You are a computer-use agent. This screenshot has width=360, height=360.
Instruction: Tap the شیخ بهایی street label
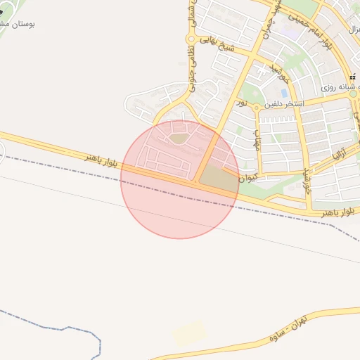[218, 46]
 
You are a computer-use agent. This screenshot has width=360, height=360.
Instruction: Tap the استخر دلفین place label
[283, 104]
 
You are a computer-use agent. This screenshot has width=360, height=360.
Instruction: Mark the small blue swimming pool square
[284, 92]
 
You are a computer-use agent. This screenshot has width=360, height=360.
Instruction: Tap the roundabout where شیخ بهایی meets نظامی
[191, 39]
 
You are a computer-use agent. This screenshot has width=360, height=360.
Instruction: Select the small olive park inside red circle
[179, 139]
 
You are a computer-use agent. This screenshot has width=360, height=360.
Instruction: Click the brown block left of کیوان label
[218, 179]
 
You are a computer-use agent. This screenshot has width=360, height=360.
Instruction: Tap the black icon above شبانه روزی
[352, 76]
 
